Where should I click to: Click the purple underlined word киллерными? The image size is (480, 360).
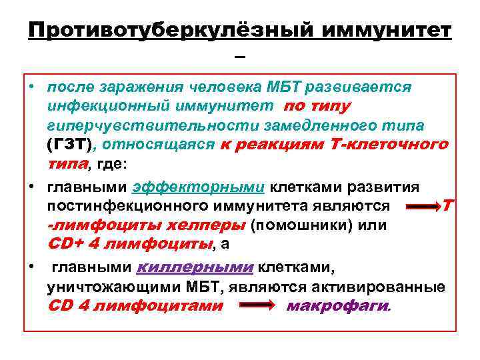click(195, 268)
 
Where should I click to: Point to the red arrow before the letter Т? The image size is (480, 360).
click(422, 207)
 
